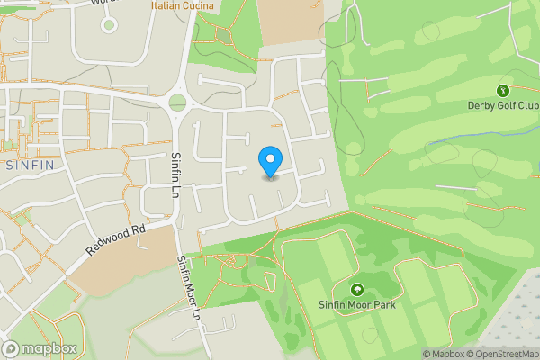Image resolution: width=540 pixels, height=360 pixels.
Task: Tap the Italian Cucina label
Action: pyautogui.click(x=183, y=6)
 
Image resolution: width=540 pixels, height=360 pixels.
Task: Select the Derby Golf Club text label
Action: pyautogui.click(x=502, y=105)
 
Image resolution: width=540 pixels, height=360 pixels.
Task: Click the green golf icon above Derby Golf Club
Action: pyautogui.click(x=502, y=90)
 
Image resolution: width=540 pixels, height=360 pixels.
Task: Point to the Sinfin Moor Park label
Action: pyautogui.click(x=358, y=306)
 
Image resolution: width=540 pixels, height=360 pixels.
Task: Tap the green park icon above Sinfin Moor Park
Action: pyautogui.click(x=358, y=290)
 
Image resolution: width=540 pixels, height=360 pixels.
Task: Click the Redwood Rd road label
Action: pyautogui.click(x=117, y=240)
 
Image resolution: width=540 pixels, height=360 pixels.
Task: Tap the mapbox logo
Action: pyautogui.click(x=40, y=348)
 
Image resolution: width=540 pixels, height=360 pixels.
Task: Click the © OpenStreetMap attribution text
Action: pyautogui.click(x=505, y=353)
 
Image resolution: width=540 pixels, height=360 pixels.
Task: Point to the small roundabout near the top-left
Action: pyautogui.click(x=109, y=24)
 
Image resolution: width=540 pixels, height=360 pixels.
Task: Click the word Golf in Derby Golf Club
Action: pyautogui.click(x=502, y=105)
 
